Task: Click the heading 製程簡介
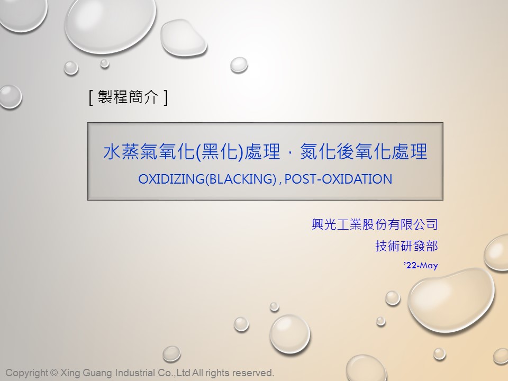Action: (x=128, y=96)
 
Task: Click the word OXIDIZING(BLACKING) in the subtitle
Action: (x=207, y=179)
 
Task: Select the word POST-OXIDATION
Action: (x=338, y=179)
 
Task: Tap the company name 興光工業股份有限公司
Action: (x=375, y=224)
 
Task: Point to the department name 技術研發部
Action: (x=406, y=246)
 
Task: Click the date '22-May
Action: (x=421, y=265)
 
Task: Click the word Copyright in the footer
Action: (x=27, y=373)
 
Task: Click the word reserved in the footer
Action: (x=253, y=373)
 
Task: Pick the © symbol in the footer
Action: (x=54, y=373)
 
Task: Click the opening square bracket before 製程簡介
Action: (x=91, y=97)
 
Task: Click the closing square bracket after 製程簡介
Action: (x=166, y=97)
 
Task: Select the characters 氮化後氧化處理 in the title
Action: (x=364, y=152)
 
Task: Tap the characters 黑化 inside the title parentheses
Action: (x=220, y=152)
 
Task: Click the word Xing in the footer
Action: (x=70, y=373)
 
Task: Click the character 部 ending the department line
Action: (x=432, y=246)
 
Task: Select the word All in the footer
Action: (x=197, y=373)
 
